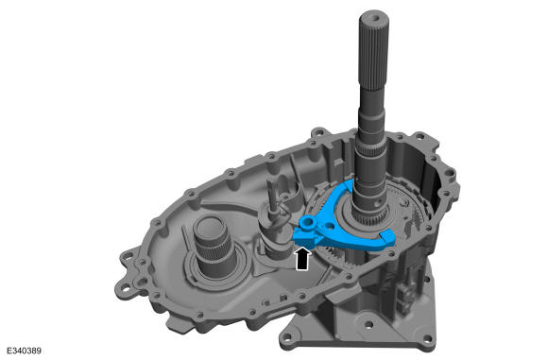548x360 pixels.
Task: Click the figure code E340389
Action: pyautogui.click(x=25, y=351)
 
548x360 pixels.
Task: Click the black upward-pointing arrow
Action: pyautogui.click(x=302, y=259)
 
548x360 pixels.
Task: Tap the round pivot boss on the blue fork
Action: pyautogui.click(x=309, y=222)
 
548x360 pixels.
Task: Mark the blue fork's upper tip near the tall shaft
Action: pyautogui.click(x=348, y=185)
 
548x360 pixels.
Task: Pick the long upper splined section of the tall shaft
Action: pyautogui.click(x=373, y=52)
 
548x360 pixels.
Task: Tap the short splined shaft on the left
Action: pyautogui.click(x=211, y=245)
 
